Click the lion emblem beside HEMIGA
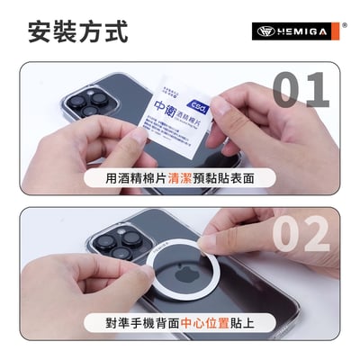(x=264, y=30)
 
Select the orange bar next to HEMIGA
(x=335, y=30)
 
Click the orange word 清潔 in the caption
(x=179, y=178)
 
